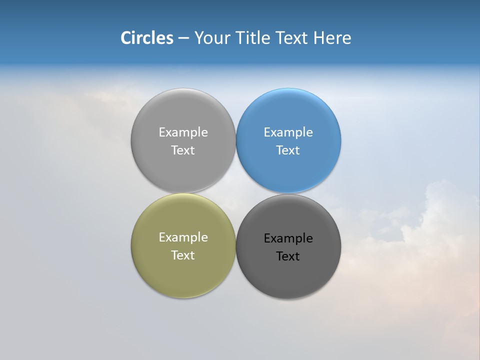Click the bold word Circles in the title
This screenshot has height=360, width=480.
pyautogui.click(x=147, y=38)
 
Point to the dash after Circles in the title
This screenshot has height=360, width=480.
pyautogui.click(x=183, y=38)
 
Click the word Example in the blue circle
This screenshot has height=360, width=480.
pyautogui.click(x=288, y=132)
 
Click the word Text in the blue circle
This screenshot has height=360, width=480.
pyautogui.click(x=288, y=150)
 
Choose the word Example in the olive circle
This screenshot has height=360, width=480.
pyautogui.click(x=183, y=237)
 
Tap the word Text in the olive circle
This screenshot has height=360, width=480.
pyautogui.click(x=183, y=255)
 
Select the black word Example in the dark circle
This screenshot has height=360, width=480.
pyautogui.click(x=288, y=238)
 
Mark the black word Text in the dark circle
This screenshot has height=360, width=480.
pyautogui.click(x=288, y=256)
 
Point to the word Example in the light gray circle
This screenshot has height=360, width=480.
pyautogui.click(x=183, y=132)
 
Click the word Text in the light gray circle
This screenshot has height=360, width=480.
pyautogui.click(x=183, y=150)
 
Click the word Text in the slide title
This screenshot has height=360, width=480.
pyautogui.click(x=292, y=38)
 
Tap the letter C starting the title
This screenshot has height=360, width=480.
pyautogui.click(x=126, y=38)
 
